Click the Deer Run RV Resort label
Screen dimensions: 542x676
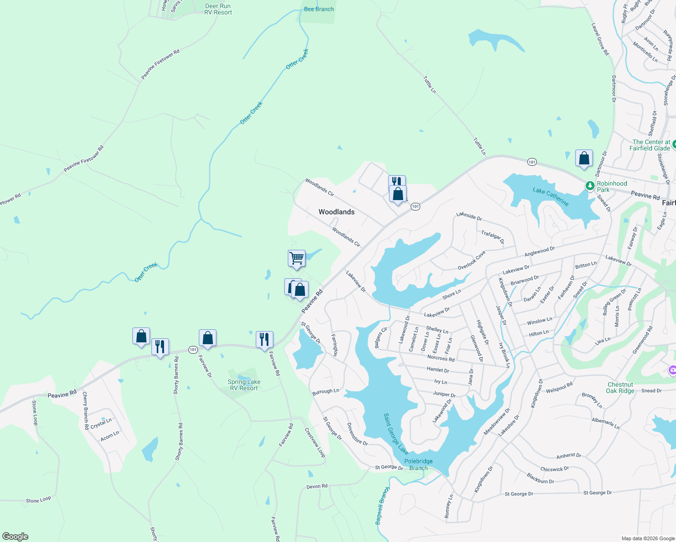218,9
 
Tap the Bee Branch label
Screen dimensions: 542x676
319,9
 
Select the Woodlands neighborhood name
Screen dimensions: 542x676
336,212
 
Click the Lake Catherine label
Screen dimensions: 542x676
550,196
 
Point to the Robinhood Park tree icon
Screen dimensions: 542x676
590,186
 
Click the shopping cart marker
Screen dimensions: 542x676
297,259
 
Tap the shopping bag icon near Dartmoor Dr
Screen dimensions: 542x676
584,159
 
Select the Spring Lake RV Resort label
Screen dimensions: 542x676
244,385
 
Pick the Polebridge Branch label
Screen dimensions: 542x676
418,464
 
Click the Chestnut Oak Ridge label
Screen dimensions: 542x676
620,388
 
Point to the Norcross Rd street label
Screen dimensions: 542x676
441,358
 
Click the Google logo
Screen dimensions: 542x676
15,537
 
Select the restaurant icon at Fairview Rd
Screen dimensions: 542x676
264,339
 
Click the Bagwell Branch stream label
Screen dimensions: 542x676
382,506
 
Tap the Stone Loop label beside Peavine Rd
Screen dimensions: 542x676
34,412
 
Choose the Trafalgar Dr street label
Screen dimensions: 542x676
493,237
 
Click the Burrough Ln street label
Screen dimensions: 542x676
325,392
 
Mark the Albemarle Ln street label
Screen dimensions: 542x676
606,423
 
